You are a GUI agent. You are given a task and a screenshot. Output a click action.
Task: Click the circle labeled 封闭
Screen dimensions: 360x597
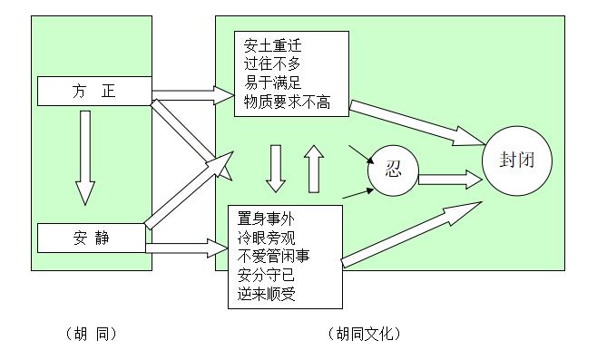(x=517, y=160)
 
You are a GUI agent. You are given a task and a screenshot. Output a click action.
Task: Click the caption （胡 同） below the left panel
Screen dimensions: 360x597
(x=91, y=334)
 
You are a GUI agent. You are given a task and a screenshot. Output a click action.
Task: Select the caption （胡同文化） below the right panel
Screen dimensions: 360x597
(x=363, y=334)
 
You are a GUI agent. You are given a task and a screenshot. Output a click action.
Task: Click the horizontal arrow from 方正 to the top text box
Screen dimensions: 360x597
(x=192, y=92)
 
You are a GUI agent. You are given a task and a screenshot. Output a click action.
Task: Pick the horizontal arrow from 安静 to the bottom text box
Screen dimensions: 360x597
(x=186, y=246)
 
